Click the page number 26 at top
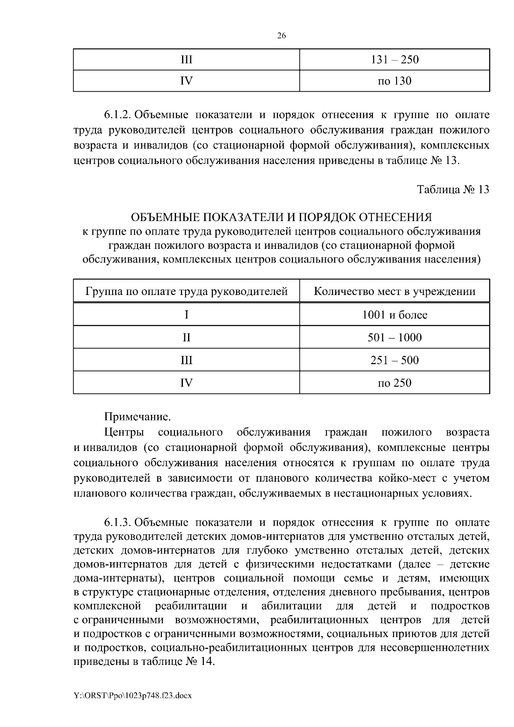coord(281,36)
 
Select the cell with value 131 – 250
coord(394,60)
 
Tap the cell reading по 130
coord(394,80)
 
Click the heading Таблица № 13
coord(453,190)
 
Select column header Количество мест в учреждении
coord(394,292)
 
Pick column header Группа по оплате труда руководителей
coord(186,292)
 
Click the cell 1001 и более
coord(394,315)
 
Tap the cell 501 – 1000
coord(394,337)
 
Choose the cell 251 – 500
coord(394,360)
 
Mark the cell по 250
coord(394,382)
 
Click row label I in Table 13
coord(186,315)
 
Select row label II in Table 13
coord(186,337)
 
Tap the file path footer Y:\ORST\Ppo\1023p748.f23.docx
coord(132,695)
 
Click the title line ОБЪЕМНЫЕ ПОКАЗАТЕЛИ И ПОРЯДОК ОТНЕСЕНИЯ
coord(281,217)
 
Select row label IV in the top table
coord(186,80)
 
